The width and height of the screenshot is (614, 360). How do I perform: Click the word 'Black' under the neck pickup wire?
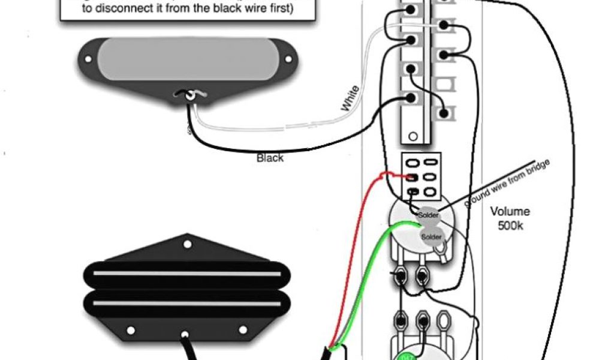[270, 158]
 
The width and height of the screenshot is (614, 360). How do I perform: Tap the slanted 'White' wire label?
[350, 99]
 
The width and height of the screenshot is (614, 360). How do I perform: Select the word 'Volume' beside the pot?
[510, 211]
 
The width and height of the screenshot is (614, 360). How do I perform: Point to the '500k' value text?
[510, 225]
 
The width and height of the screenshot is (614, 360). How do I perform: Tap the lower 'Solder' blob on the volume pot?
[431, 236]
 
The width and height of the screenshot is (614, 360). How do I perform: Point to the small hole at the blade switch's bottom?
[413, 137]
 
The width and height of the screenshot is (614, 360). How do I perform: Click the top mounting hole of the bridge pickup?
[188, 244]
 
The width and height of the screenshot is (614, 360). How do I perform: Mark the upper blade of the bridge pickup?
[186, 275]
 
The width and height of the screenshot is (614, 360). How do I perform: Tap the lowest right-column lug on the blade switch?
[444, 112]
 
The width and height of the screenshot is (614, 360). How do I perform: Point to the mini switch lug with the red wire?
[413, 178]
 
